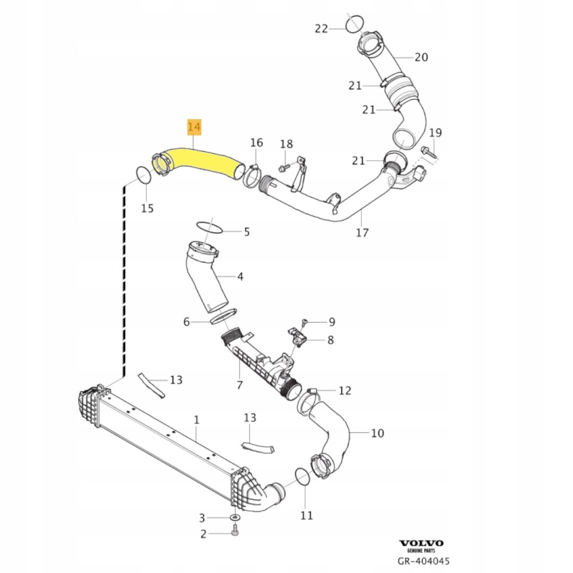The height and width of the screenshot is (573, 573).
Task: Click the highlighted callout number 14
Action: pos(194,127)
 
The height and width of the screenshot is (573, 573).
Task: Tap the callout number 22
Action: pos(322,29)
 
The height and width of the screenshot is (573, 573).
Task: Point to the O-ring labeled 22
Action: pos(354,23)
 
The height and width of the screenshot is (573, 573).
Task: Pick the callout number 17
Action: pos(362,232)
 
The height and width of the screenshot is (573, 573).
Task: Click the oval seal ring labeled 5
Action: pos(209,228)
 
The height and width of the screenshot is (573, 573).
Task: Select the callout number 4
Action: pos(240,276)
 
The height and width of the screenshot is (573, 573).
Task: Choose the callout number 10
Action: pos(377,433)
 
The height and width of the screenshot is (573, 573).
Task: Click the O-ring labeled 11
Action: pos(302,476)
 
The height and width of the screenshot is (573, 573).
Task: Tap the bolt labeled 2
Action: pos(236,532)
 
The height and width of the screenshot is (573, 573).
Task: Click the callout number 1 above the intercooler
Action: pos(196,420)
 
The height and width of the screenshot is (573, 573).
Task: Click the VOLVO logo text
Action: pos(421,543)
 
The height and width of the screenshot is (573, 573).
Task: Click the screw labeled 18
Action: pos(281,167)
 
